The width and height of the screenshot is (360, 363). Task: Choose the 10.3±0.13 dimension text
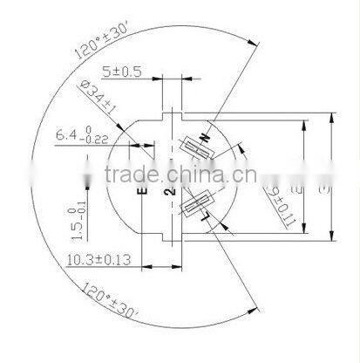click(98, 259)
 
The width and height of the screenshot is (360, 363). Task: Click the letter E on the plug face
click(141, 188)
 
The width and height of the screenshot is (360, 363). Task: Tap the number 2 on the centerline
click(171, 188)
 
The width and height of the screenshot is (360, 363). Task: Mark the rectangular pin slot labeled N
click(199, 149)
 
